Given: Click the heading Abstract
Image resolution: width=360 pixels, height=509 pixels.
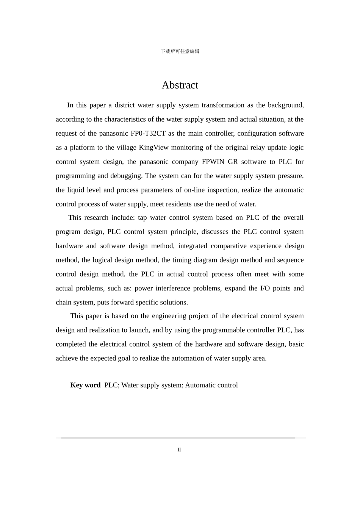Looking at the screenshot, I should [x=180, y=85].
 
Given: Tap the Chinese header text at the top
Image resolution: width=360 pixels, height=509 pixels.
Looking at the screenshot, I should [x=180, y=52].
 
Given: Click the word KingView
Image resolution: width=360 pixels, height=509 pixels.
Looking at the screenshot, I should [x=153, y=148].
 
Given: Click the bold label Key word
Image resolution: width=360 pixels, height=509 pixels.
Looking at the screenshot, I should [x=85, y=385].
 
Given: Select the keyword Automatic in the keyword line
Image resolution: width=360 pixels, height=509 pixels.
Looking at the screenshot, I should [x=199, y=385].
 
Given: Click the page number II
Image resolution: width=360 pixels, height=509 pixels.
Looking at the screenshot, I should [x=179, y=450].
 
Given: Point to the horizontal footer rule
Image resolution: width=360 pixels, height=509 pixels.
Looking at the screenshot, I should [x=181, y=438].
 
